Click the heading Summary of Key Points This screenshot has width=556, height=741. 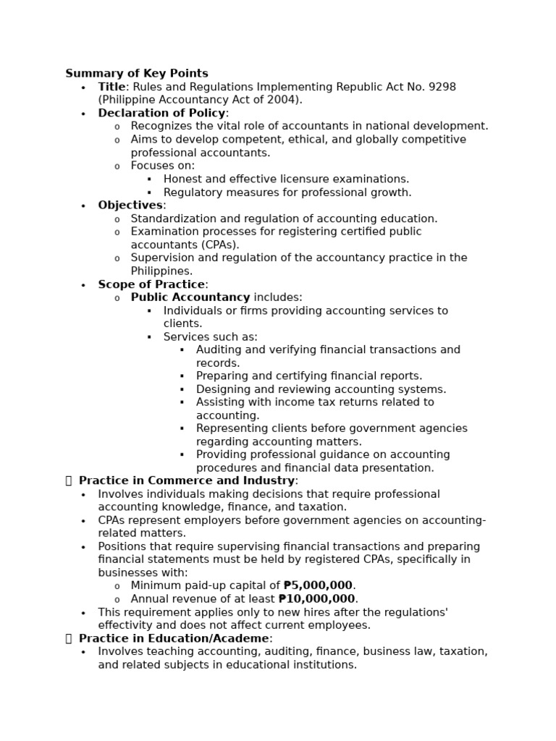click(137, 73)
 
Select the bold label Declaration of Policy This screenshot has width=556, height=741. click(161, 113)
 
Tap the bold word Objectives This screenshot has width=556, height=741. click(130, 205)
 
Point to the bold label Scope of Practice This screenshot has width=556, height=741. click(151, 284)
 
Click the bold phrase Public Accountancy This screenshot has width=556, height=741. click(190, 297)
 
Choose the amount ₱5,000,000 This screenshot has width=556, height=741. click(318, 585)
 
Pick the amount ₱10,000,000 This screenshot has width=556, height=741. click(317, 598)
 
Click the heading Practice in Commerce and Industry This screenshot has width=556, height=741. click(187, 480)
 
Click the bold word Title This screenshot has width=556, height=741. click(111, 87)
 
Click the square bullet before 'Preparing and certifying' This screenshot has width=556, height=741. click(182, 376)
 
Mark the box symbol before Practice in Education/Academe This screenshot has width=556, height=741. click(69, 638)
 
